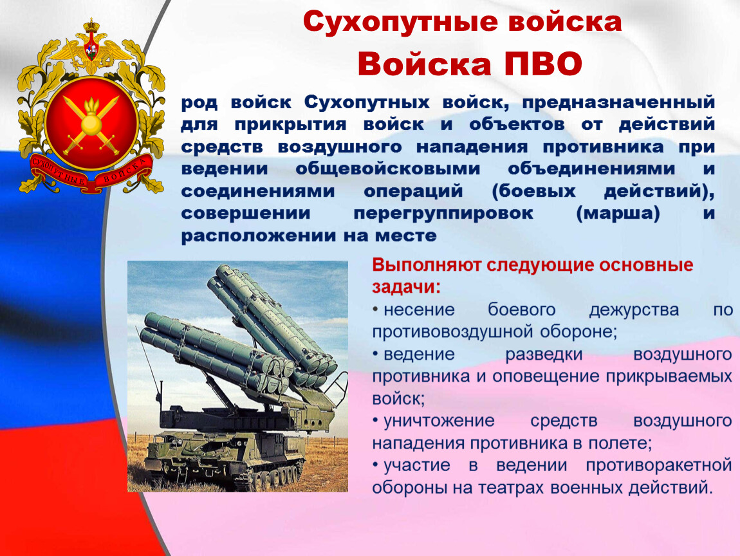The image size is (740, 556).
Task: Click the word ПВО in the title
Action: click(542, 64)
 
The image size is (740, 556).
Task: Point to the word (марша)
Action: click(618, 214)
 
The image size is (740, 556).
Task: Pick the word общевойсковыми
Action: click(387, 169)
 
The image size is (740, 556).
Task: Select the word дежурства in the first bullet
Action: click(634, 310)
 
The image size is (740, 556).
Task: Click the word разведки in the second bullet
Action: click(544, 355)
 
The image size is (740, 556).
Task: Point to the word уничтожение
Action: click(439, 421)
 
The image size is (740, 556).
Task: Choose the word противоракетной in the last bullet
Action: click(659, 466)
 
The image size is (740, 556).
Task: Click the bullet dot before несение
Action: click(376, 310)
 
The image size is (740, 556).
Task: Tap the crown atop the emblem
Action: click(91, 26)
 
